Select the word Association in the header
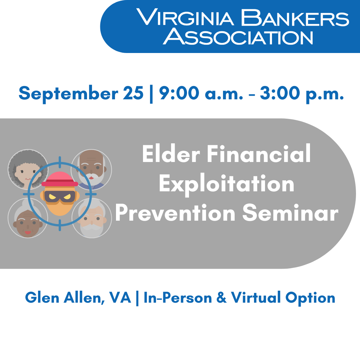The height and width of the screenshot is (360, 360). tap(240, 37)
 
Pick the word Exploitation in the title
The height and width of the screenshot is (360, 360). tap(226, 184)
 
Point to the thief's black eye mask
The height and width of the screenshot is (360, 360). tap(59, 197)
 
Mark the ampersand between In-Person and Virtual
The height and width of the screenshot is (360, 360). tap(221, 298)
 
